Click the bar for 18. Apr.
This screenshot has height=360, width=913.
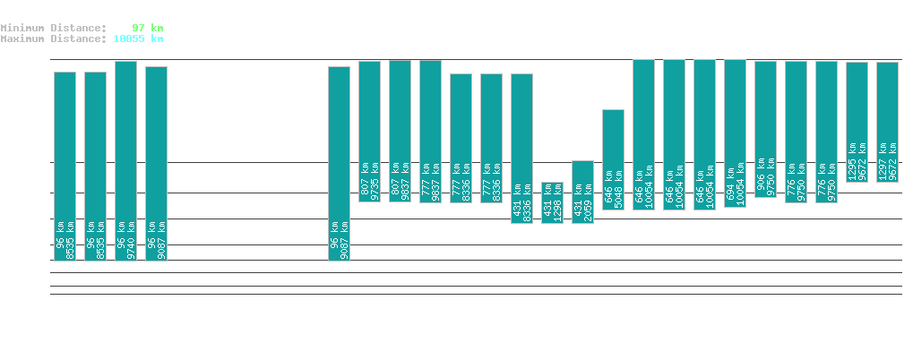pyautogui.click(x=553, y=202)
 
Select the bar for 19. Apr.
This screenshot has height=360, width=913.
pyautogui.click(x=583, y=192)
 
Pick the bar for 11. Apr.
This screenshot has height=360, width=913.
pyautogui.click(x=339, y=163)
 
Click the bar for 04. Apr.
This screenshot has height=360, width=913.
pyautogui.click(x=125, y=161)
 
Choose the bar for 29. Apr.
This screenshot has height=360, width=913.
pyautogui.click(x=887, y=122)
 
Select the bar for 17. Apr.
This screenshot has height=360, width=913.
pyautogui.click(x=522, y=148)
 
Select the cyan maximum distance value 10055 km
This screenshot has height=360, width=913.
pyautogui.click(x=138, y=39)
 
